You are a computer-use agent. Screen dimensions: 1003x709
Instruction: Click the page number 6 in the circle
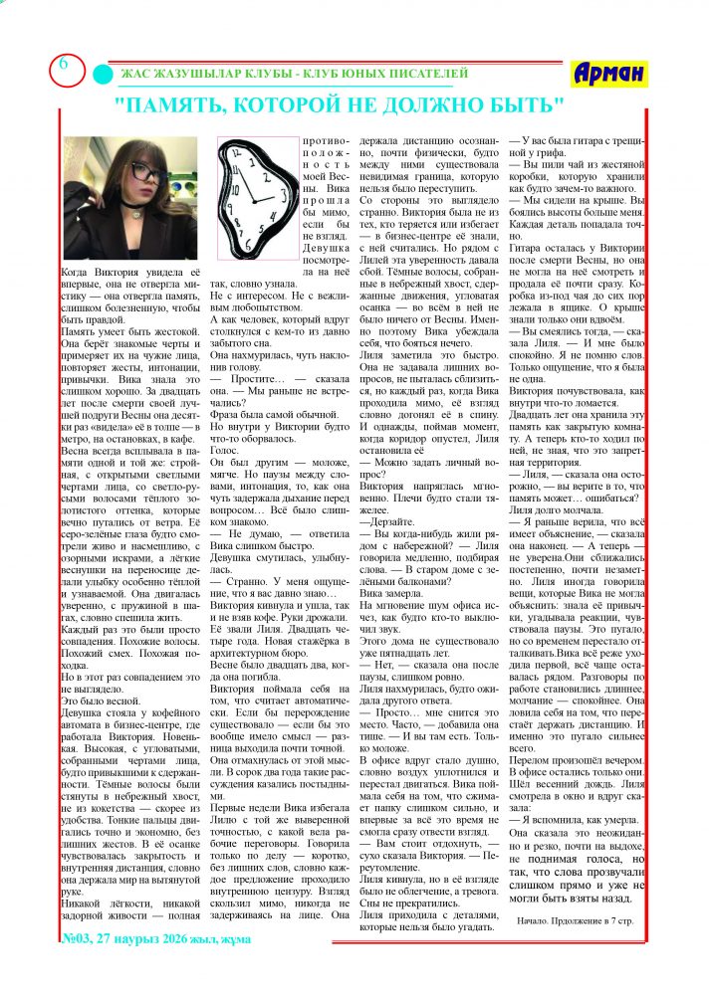pos(62,65)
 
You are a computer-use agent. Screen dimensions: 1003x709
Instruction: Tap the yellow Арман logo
pos(609,73)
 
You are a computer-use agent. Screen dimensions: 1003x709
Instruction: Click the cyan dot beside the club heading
pos(103,74)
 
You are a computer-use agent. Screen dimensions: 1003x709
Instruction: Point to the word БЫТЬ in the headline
pos(527,103)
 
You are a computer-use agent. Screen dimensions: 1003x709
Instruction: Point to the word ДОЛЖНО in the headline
pos(438,103)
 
